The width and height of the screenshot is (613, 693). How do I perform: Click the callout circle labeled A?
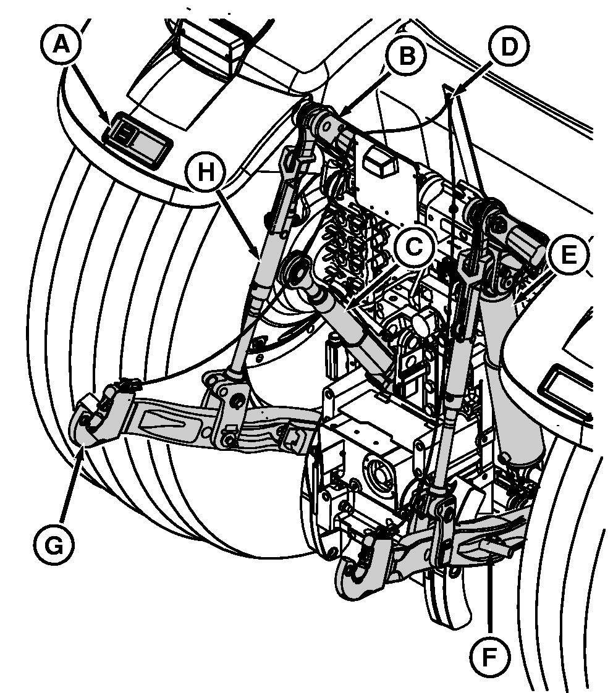60,45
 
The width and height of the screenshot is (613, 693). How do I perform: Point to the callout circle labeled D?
507,47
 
